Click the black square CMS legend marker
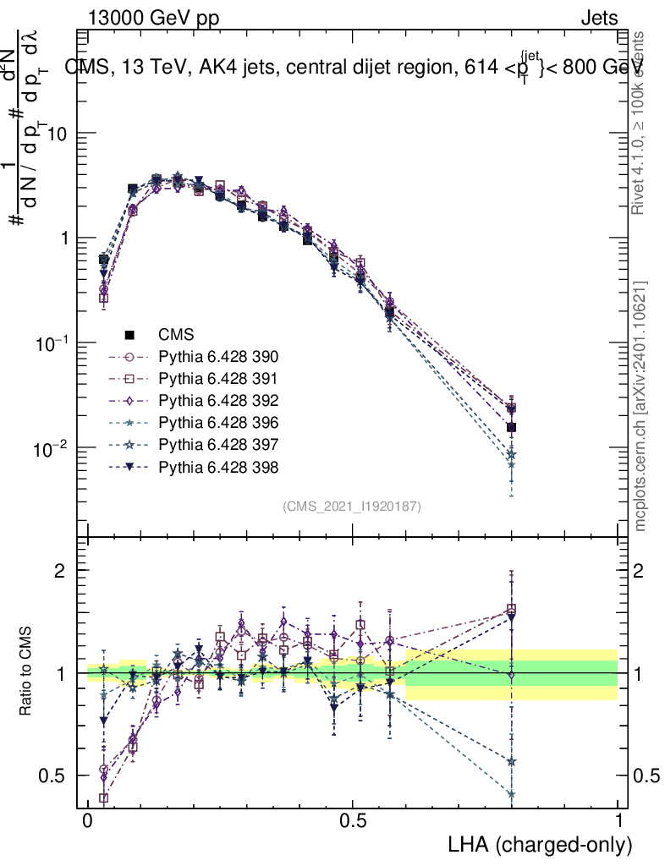[x=130, y=334]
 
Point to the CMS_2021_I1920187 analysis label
[x=352, y=506]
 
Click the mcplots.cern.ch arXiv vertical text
[x=640, y=406]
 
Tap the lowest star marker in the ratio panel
[x=511, y=794]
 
